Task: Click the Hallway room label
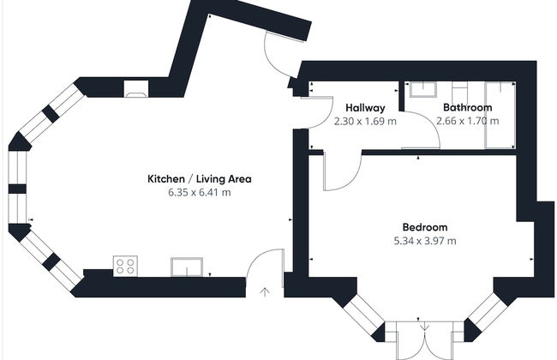365,108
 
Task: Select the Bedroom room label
425,227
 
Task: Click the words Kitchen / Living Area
199,179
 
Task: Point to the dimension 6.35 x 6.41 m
199,193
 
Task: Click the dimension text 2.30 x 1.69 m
365,122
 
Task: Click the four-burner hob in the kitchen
126,267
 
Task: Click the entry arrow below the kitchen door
263,291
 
